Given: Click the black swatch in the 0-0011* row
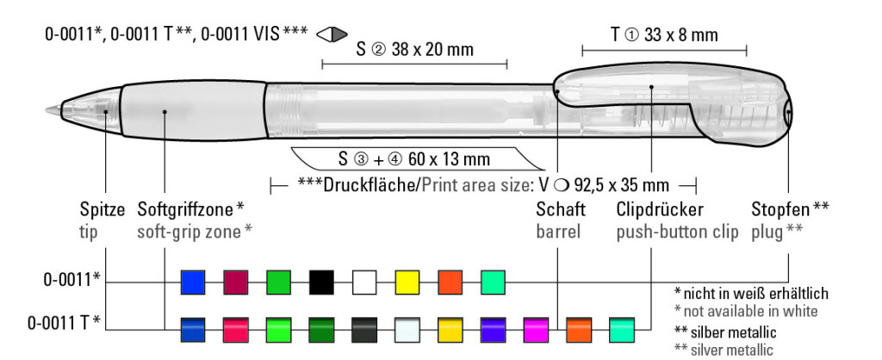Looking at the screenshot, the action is (321, 282).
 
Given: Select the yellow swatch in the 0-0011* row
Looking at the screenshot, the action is (407, 282).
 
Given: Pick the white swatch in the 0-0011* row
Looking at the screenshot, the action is (364, 282).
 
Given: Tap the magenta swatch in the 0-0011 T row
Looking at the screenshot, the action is (536, 330).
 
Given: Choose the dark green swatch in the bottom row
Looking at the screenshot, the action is (321, 330).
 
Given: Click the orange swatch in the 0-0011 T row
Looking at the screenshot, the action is (578, 330).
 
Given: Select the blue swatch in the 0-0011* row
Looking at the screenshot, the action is (193, 282).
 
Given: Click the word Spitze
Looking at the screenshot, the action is (102, 210).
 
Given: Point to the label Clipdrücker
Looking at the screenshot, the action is (660, 210).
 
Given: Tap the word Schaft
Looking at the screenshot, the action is (560, 210).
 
